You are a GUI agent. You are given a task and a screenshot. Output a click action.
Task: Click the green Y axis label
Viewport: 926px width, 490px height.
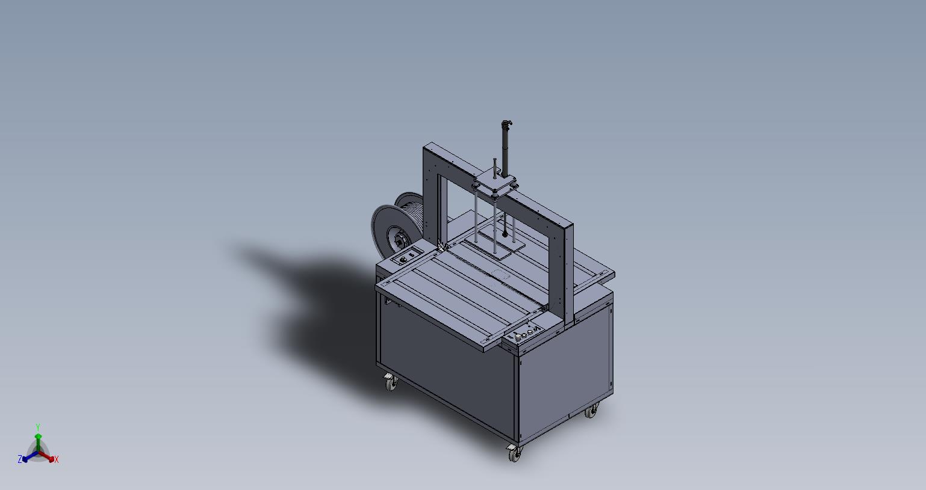click(x=37, y=427)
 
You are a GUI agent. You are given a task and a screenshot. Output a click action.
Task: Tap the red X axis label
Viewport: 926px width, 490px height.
click(x=57, y=459)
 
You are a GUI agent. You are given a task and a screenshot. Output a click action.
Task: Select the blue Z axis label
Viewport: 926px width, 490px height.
click(x=19, y=459)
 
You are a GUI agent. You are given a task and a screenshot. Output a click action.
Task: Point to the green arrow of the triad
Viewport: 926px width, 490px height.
click(x=38, y=442)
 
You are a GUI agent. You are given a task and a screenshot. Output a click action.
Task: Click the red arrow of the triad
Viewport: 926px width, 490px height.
click(x=46, y=456)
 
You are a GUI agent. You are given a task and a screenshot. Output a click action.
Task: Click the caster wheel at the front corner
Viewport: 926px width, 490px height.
click(x=515, y=454)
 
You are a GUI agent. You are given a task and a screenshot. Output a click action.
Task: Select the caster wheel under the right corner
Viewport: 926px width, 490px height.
click(x=592, y=411)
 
